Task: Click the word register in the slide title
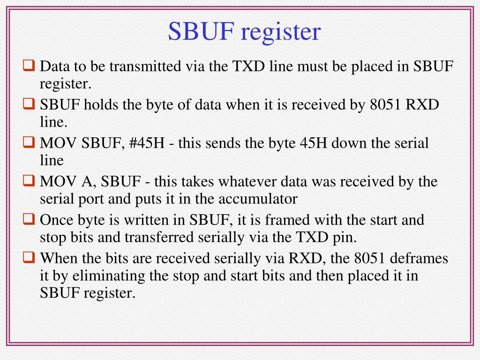281,32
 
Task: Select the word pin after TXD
345,238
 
